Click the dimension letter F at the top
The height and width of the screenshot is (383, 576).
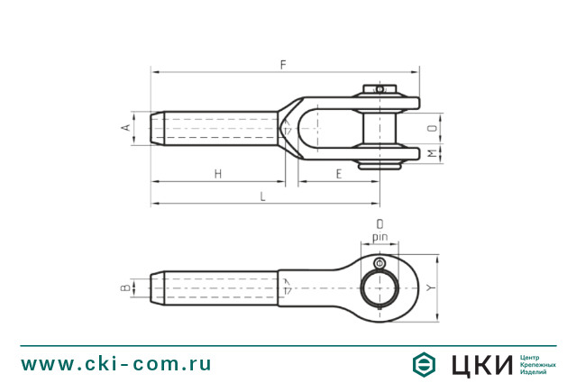(283, 65)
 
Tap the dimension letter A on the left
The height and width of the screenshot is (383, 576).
(126, 127)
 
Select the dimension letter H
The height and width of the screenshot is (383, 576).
(218, 174)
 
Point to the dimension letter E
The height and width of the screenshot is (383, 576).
(339, 174)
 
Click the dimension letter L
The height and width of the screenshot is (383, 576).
(262, 196)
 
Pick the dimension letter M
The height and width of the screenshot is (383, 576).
(434, 153)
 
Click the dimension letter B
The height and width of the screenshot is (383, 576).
(126, 287)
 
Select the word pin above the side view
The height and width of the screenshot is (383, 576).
(379, 238)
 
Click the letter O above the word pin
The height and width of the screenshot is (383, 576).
(379, 224)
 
